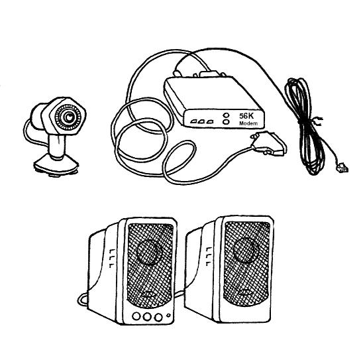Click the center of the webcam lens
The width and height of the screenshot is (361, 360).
(68, 117)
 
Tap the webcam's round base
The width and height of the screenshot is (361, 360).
(56, 166)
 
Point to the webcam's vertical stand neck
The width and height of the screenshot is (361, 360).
(57, 146)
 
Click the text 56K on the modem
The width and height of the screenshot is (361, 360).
(246, 116)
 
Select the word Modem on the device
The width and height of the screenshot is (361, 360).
(248, 123)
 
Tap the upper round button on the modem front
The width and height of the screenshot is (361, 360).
(227, 115)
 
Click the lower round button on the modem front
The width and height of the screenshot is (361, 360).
(227, 122)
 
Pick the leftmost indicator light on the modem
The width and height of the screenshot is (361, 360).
(193, 121)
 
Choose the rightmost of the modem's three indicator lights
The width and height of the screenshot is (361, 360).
(209, 122)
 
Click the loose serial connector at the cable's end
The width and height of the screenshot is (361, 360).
(269, 143)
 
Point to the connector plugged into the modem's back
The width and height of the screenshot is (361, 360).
(209, 74)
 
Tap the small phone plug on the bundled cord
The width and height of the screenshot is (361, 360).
(342, 168)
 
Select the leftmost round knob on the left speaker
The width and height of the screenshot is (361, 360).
(136, 316)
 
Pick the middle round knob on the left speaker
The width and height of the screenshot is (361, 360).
(146, 317)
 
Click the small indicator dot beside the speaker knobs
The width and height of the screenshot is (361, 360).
(168, 316)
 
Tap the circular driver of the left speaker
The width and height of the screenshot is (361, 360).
(150, 252)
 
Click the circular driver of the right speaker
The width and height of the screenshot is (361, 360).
(246, 250)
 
